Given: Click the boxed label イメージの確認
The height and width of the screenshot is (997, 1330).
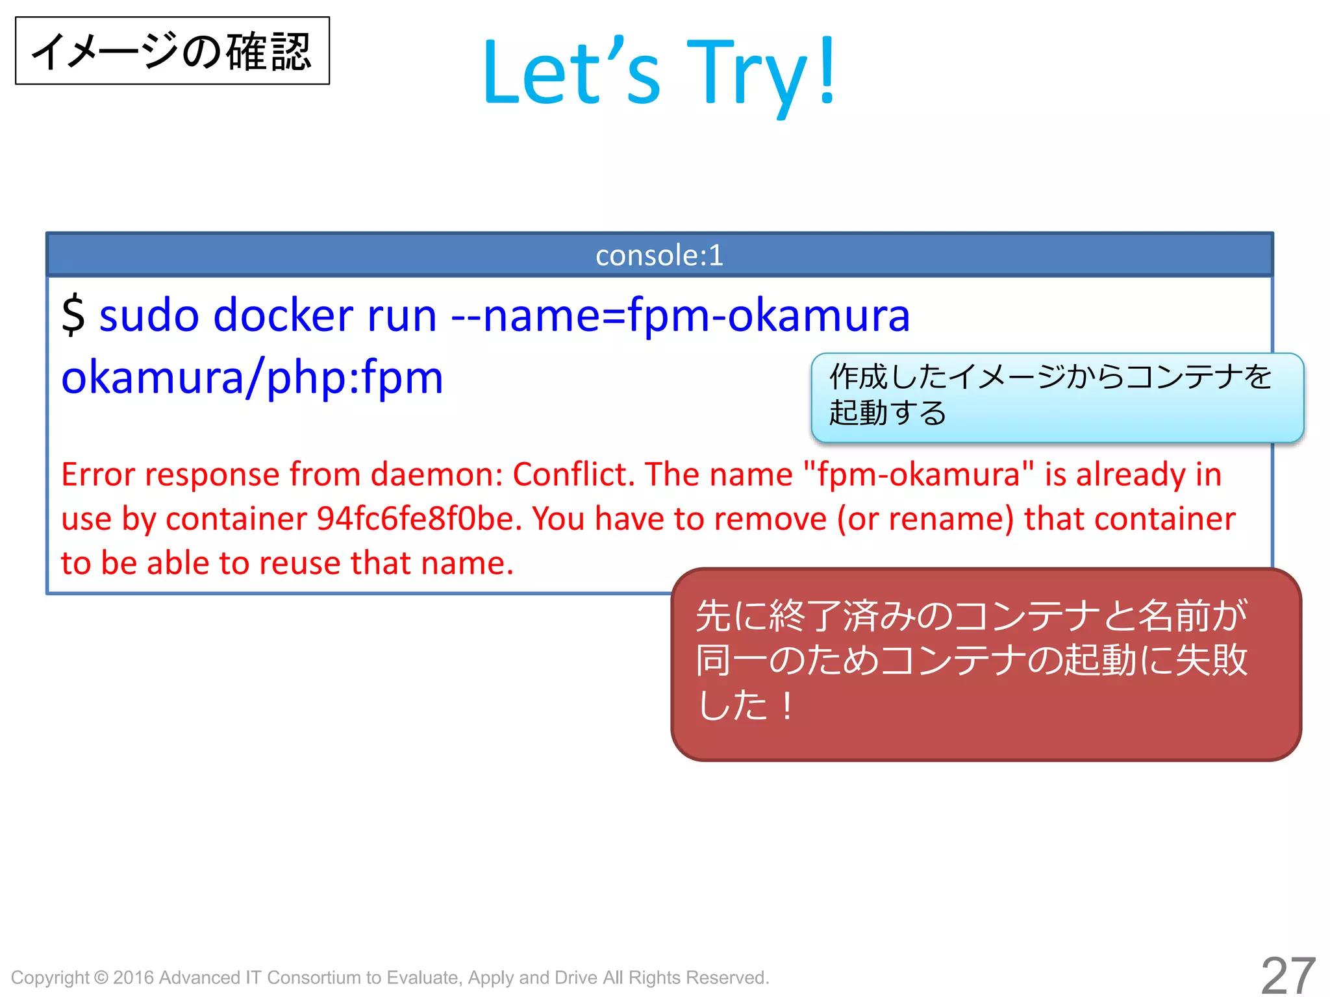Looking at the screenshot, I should [x=172, y=51].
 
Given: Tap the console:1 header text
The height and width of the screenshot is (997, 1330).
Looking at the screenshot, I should [x=659, y=255].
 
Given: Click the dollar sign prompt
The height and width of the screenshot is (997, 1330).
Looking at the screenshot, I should [x=73, y=315].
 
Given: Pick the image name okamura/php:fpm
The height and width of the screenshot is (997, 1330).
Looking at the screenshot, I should [x=252, y=378].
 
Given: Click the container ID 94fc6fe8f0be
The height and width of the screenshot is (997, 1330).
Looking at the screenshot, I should [x=419, y=519].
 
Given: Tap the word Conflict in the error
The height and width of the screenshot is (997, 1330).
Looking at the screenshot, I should [x=573, y=474].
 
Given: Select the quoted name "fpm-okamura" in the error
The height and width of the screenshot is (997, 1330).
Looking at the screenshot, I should [x=918, y=474].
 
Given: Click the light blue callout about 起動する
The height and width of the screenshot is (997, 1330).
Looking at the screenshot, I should [x=1057, y=397].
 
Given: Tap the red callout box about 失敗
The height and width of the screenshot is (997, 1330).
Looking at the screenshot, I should [x=986, y=663].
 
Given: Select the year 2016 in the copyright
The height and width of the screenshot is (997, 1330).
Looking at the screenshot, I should [x=133, y=978].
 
